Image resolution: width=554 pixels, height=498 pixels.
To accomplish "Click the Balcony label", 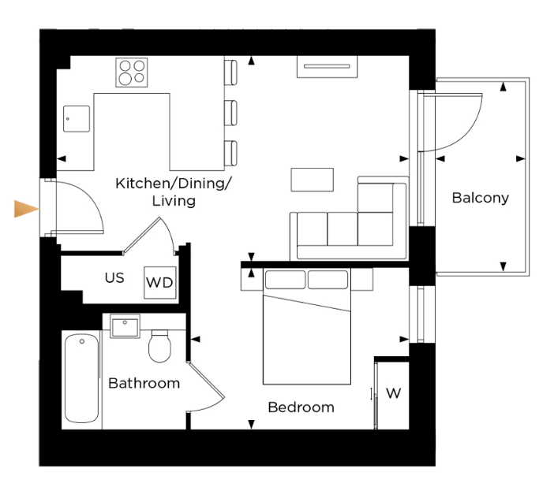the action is point(480,198).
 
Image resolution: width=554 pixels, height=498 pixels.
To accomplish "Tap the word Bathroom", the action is point(144,383).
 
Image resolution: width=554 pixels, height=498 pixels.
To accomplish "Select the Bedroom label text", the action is point(301,407).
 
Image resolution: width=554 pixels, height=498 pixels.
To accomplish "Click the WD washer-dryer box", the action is point(159,283).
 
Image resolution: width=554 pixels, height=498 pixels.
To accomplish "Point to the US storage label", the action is point(114,278).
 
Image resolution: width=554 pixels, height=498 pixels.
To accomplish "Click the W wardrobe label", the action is point(393,393).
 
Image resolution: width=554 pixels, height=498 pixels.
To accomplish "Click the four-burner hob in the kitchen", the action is point(132,72).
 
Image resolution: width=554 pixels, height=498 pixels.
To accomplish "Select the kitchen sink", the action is point(77,119).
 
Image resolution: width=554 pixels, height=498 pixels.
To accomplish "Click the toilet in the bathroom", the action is point(159,346).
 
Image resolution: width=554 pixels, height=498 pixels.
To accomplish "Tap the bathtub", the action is point(81,378).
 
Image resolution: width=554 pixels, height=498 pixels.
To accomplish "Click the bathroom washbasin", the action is point(125,326).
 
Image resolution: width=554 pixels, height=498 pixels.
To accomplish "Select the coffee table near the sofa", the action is point(312,180).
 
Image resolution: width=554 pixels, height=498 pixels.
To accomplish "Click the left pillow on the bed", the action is point(285,280).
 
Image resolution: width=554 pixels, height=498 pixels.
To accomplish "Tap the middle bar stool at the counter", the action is point(230,113).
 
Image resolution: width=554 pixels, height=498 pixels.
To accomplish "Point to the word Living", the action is point(174,201).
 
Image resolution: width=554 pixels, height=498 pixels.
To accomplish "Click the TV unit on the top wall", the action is point(327,66).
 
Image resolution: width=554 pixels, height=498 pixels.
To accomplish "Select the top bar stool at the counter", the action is point(230,72).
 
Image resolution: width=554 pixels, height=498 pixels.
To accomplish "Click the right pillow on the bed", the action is point(328,280).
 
